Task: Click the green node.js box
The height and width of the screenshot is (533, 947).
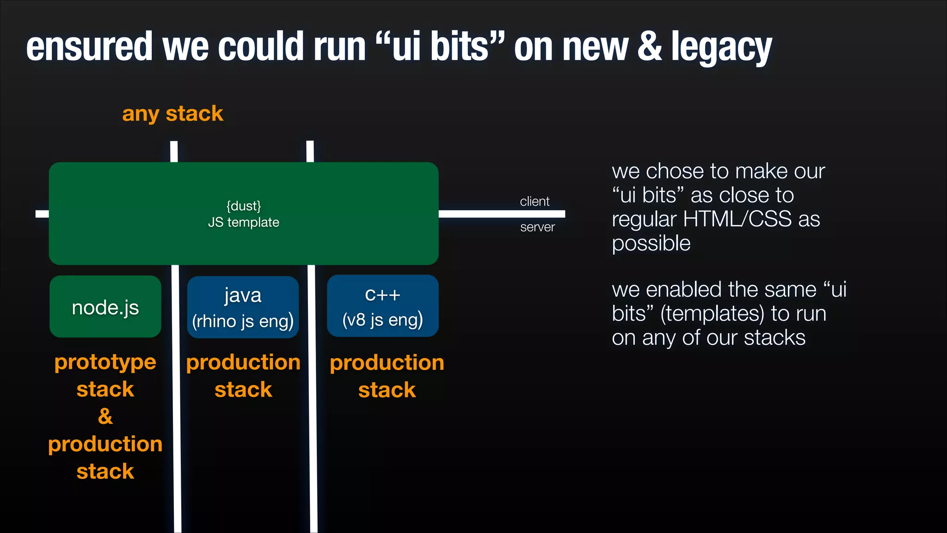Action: click(105, 307)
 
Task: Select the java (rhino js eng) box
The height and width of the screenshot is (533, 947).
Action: click(243, 307)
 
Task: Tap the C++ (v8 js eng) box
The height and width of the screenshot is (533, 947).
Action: click(382, 306)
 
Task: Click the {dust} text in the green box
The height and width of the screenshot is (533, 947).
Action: click(244, 206)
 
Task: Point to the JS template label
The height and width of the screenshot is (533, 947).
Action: click(244, 223)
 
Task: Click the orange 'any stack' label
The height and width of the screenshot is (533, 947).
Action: click(172, 114)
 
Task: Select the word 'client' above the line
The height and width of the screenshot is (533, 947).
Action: click(535, 202)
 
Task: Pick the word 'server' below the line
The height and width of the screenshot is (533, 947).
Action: click(537, 227)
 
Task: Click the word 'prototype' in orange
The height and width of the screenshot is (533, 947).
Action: click(105, 362)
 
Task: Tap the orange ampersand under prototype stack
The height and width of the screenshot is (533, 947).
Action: click(105, 416)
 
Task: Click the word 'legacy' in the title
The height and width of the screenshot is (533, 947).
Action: click(721, 47)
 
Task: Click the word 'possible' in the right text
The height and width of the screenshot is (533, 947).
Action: click(651, 244)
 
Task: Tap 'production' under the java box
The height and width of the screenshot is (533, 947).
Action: click(243, 362)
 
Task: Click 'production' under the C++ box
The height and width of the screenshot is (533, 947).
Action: click(387, 363)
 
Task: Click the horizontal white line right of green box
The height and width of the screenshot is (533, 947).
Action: click(502, 214)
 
